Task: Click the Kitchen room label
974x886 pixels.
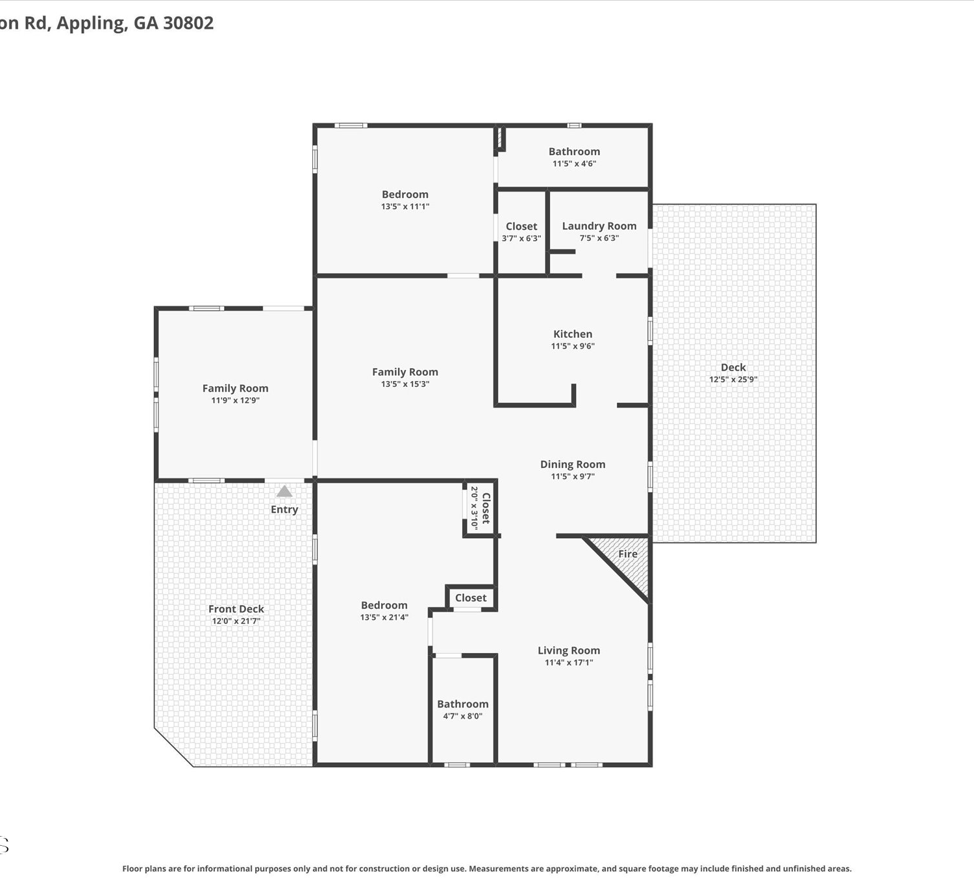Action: pyautogui.click(x=573, y=334)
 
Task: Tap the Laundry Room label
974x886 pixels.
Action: pyautogui.click(x=599, y=227)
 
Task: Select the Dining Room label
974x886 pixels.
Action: pyautogui.click(x=573, y=465)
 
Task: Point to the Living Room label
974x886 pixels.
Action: pyautogui.click(x=569, y=650)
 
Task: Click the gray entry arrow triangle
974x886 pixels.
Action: pyautogui.click(x=284, y=491)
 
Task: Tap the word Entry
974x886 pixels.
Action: pyautogui.click(x=284, y=510)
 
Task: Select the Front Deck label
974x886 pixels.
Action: pyautogui.click(x=236, y=609)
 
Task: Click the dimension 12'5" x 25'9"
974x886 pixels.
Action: pyautogui.click(x=733, y=379)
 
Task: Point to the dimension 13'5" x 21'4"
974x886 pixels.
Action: pyautogui.click(x=384, y=617)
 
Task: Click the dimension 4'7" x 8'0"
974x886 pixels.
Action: pyautogui.click(x=462, y=715)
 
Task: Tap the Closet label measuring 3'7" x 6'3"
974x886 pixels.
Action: pyautogui.click(x=521, y=227)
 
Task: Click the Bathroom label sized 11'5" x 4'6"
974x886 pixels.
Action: pyautogui.click(x=575, y=151)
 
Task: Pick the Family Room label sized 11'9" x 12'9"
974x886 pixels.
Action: pyautogui.click(x=236, y=388)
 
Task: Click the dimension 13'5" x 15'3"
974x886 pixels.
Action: pyautogui.click(x=405, y=384)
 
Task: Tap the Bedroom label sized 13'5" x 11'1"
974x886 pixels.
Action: pyautogui.click(x=405, y=194)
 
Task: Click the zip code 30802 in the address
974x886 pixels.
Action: pyautogui.click(x=188, y=23)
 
